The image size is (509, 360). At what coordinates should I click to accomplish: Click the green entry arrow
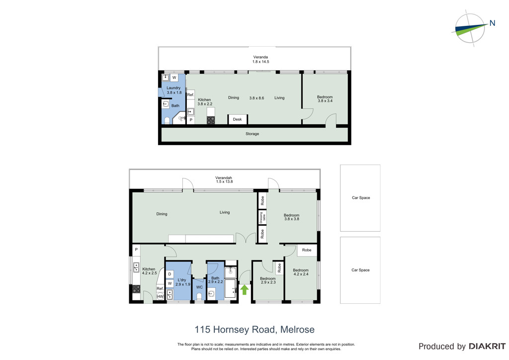click(x=245, y=289)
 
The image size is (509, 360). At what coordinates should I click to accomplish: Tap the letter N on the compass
click(x=492, y=23)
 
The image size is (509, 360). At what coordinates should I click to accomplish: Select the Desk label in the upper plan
click(x=237, y=119)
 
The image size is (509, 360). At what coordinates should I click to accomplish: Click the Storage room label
click(x=252, y=134)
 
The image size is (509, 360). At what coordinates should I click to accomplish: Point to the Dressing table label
click(x=262, y=217)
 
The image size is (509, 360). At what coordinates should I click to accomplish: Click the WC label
click(x=199, y=287)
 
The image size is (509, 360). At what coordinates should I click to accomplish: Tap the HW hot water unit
click(x=161, y=296)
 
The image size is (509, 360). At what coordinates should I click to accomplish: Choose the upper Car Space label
click(x=361, y=198)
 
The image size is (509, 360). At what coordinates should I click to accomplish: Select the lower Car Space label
click(x=360, y=270)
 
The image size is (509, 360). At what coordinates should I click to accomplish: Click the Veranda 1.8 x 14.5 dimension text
click(x=260, y=59)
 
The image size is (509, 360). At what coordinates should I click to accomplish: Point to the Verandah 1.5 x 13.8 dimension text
click(x=224, y=180)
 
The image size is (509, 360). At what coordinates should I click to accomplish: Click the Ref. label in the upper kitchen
click(x=190, y=95)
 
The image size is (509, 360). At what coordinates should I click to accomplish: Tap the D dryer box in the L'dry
click(x=170, y=274)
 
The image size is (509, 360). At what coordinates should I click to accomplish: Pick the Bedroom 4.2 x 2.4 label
click(x=301, y=272)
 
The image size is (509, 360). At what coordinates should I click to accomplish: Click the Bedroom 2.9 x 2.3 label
click(x=268, y=280)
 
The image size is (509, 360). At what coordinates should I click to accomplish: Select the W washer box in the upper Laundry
click(x=174, y=78)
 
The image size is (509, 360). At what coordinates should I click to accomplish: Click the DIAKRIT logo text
click(x=487, y=347)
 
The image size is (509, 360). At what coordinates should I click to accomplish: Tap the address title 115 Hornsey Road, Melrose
click(x=254, y=330)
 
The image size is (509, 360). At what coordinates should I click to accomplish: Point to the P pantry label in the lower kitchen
click(x=136, y=250)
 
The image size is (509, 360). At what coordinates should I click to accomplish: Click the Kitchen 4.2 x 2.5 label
click(x=149, y=271)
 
